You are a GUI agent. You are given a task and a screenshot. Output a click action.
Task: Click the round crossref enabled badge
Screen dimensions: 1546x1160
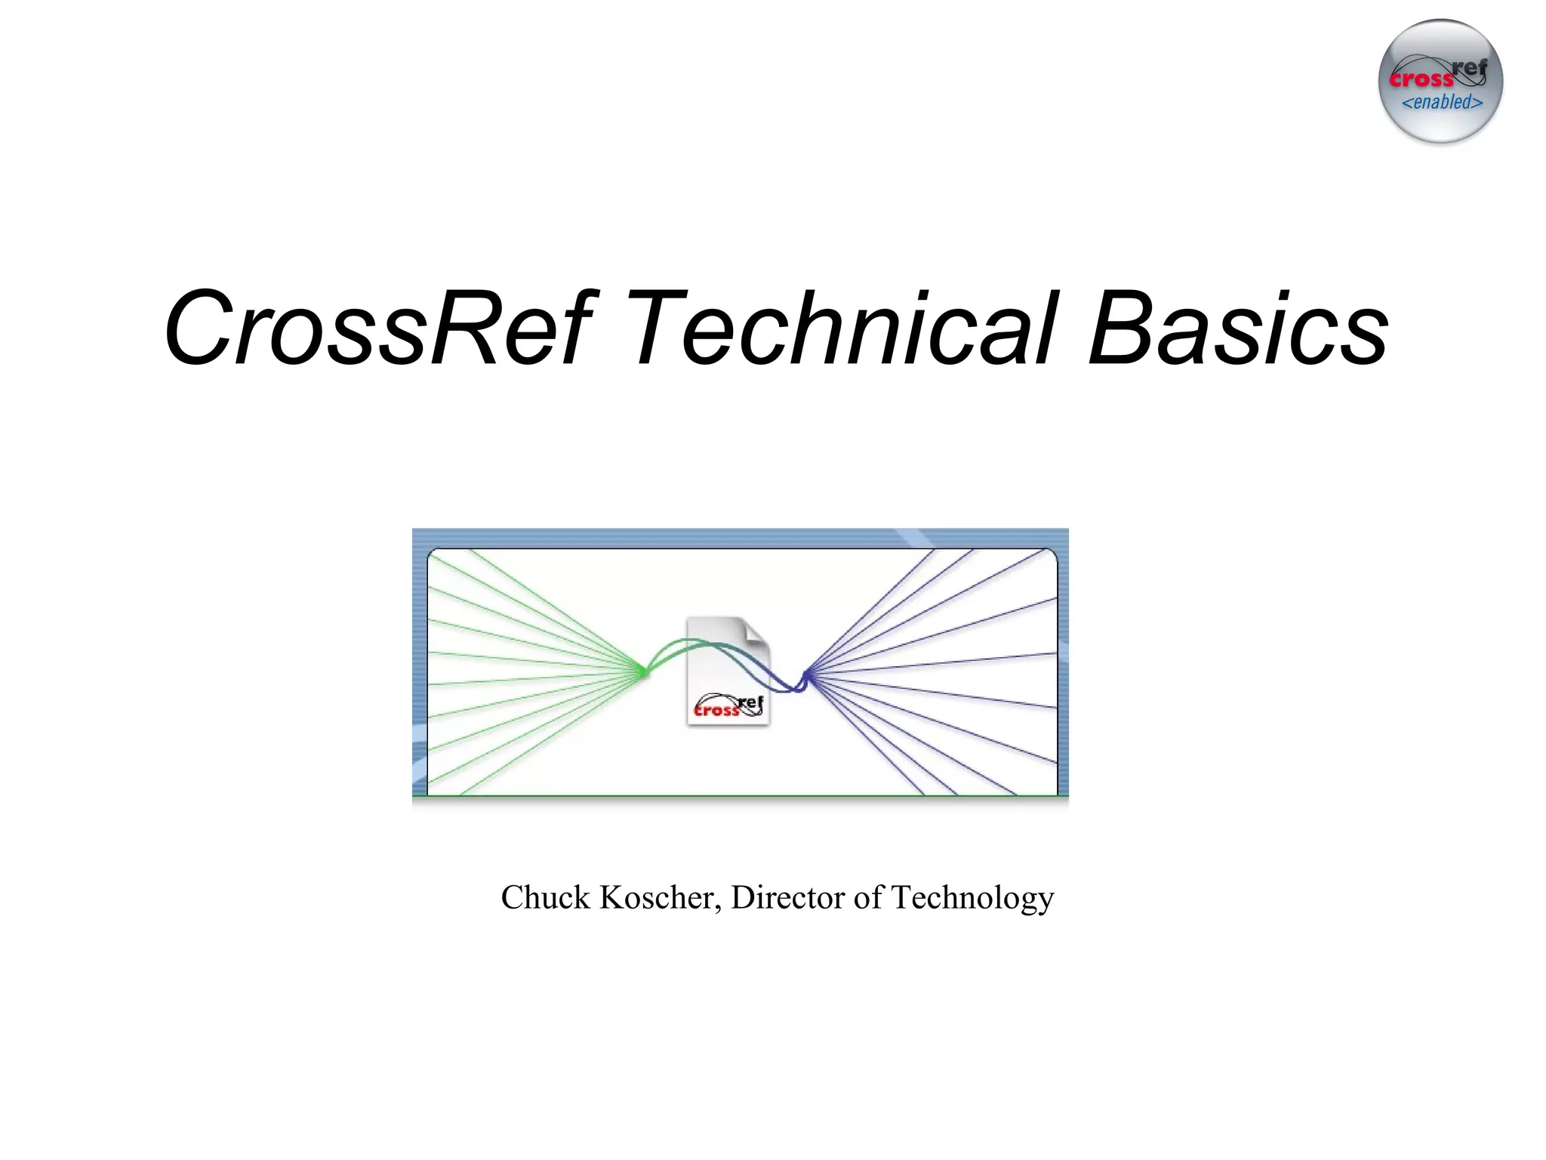[x=1440, y=82]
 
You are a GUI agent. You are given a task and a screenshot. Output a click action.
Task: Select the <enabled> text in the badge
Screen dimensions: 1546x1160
[x=1442, y=103]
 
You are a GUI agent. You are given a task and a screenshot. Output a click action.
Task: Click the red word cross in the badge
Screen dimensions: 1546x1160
[x=1421, y=79]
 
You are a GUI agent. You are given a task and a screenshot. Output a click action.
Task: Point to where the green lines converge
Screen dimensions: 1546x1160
[x=644, y=671]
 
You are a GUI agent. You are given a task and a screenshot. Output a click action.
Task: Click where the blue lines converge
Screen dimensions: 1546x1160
[x=805, y=674]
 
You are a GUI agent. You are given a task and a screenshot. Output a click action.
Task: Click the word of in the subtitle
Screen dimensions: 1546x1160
[x=868, y=898]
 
